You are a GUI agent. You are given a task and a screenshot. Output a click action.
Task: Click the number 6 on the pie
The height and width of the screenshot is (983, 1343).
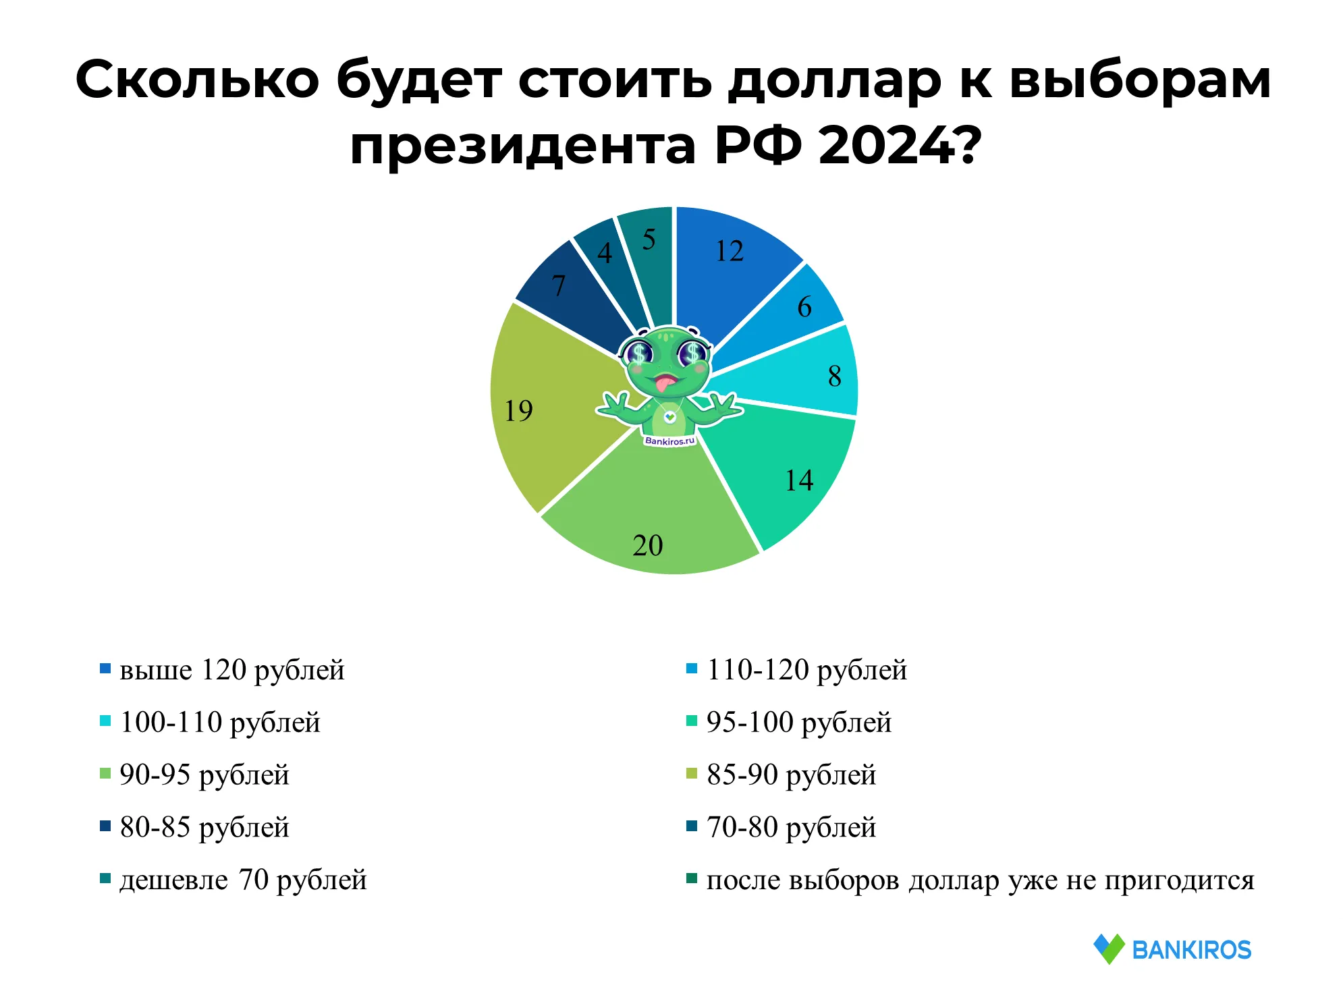tap(804, 307)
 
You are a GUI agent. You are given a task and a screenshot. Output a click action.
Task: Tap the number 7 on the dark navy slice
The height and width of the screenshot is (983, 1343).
tap(558, 285)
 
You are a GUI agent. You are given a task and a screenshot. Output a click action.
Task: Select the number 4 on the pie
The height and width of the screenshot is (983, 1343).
tap(605, 254)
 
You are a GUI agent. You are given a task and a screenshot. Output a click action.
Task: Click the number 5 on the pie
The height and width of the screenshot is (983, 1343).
tap(649, 240)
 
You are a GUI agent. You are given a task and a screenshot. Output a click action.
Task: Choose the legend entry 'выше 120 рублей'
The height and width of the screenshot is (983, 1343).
tap(223, 670)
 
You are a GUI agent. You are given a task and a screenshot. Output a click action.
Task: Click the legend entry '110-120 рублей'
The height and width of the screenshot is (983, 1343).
tap(797, 670)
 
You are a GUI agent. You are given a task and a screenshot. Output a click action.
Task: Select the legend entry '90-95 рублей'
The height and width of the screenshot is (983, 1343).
tap(195, 775)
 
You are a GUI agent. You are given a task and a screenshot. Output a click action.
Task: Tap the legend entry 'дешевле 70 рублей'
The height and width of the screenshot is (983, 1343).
tap(234, 880)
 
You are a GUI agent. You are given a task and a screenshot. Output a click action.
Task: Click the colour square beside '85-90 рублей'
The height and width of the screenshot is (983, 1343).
tap(692, 773)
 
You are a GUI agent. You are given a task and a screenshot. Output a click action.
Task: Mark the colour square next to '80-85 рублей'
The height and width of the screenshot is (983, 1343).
tap(105, 826)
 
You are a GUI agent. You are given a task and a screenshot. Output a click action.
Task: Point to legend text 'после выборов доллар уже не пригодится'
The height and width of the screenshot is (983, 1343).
tap(981, 880)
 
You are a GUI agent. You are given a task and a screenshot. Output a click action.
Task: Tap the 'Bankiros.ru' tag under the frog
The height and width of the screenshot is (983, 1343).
tap(669, 441)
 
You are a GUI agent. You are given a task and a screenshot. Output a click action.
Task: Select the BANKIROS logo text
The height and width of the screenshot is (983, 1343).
tap(1192, 950)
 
